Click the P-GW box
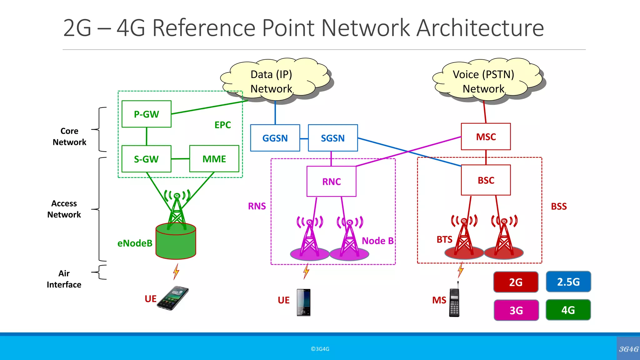[146, 114]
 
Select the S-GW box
[146, 159]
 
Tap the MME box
[214, 159]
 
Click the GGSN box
[275, 138]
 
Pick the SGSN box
[333, 138]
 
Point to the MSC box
[486, 137]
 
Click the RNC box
[331, 182]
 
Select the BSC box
[486, 180]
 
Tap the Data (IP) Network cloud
[272, 81]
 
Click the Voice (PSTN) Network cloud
[483, 81]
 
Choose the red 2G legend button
[516, 282]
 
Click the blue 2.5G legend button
[568, 282]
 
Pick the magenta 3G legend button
[516, 310]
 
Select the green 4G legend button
[568, 310]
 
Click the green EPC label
[222, 125]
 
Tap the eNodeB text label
[135, 243]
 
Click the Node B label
[377, 241]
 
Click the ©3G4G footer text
[320, 349]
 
